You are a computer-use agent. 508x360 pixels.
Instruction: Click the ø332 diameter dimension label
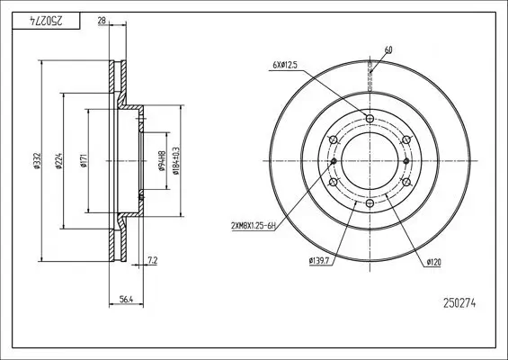(37, 161)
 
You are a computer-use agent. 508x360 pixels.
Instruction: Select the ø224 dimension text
(58, 161)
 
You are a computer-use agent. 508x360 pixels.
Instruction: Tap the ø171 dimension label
(84, 161)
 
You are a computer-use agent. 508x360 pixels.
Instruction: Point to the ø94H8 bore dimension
(162, 161)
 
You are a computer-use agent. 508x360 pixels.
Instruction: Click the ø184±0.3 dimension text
(176, 161)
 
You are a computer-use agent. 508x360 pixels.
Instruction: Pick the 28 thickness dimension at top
(102, 21)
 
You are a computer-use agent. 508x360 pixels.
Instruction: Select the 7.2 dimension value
(152, 260)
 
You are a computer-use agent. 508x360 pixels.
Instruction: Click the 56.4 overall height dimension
(127, 300)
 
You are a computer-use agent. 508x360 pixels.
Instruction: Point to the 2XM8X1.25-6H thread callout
(254, 226)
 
